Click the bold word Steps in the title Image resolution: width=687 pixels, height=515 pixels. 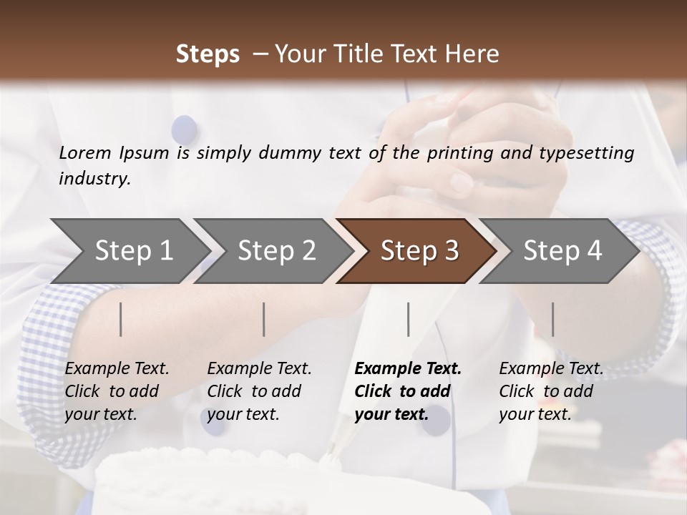click(x=208, y=54)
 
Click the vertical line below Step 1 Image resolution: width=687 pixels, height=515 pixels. click(x=121, y=319)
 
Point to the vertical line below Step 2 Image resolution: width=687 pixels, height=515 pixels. click(x=264, y=319)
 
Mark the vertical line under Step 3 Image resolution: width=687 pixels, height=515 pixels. click(x=408, y=319)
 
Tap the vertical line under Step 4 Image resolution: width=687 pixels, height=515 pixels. click(x=552, y=319)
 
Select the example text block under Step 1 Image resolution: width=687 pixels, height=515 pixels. click(x=117, y=391)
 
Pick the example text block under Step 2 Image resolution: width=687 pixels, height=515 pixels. click(x=259, y=391)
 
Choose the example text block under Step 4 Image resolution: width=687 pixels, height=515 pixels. click(x=551, y=391)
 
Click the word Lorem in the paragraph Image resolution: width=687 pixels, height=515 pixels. click(x=85, y=152)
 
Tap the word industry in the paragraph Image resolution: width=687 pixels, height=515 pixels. click(x=94, y=179)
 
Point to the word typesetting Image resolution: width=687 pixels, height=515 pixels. click(x=590, y=153)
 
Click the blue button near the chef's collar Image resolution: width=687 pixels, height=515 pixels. click(x=185, y=129)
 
